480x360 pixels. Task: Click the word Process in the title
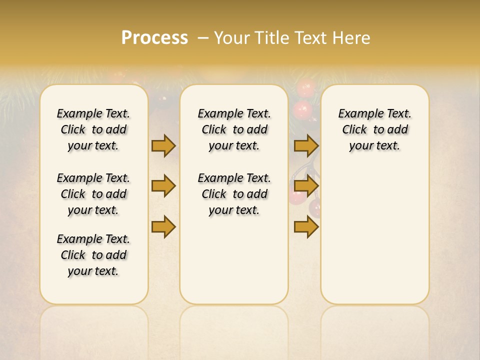tap(154, 37)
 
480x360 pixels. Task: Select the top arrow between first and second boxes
tap(163, 145)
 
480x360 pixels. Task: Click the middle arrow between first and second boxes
tap(163, 186)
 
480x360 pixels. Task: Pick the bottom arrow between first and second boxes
tap(163, 227)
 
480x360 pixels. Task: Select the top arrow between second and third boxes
tap(306, 145)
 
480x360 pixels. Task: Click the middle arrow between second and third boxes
tap(306, 186)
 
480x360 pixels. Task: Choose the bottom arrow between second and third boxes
tap(306, 227)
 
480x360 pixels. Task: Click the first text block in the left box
tap(93, 129)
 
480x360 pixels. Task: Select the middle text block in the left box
tap(93, 194)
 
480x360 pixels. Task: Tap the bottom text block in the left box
tap(93, 255)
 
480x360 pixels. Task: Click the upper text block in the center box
tap(234, 129)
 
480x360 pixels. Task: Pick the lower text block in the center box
tap(234, 194)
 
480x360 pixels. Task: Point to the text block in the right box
tap(375, 129)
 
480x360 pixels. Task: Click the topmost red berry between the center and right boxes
tap(304, 88)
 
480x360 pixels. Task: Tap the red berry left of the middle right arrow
tap(296, 195)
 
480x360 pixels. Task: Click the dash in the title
tap(203, 37)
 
